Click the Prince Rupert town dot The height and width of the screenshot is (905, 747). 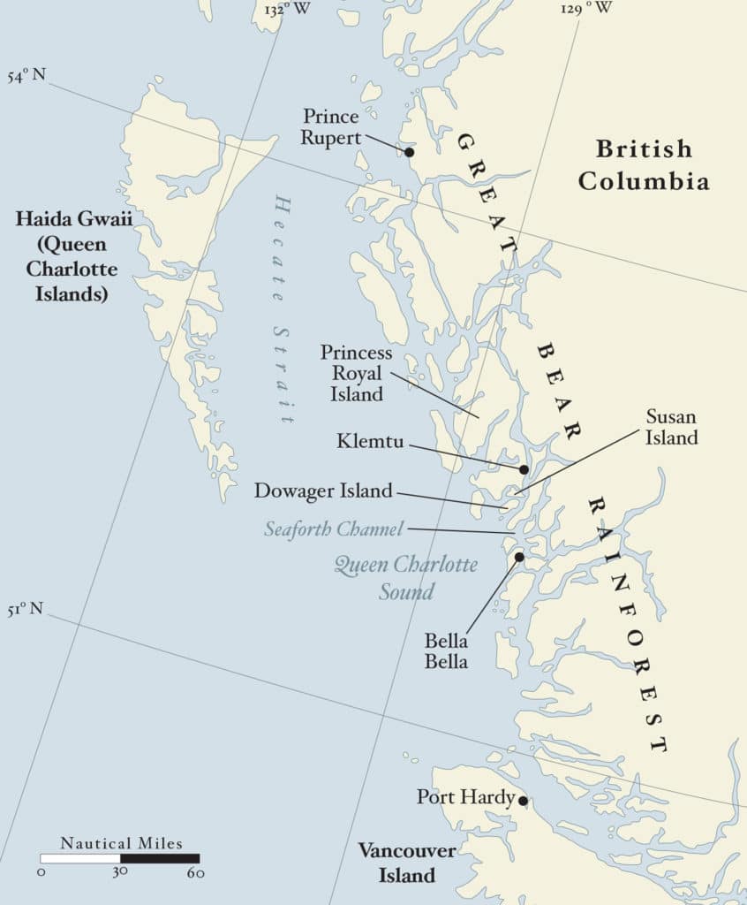click(x=409, y=152)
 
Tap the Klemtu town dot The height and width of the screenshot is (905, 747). click(x=524, y=469)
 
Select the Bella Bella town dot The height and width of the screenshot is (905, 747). click(x=519, y=557)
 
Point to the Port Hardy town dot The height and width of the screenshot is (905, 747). click(x=523, y=801)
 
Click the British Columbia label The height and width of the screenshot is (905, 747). click(x=643, y=164)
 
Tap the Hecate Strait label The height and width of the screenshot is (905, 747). click(x=282, y=308)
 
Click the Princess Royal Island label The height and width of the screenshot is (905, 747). click(x=357, y=373)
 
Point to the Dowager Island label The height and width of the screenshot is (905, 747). click(x=323, y=491)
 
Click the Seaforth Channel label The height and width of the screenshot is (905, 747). click(x=334, y=529)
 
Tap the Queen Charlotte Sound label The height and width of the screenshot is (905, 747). click(x=406, y=577)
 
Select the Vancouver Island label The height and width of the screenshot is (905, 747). click(x=407, y=863)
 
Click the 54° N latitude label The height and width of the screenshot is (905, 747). click(x=26, y=74)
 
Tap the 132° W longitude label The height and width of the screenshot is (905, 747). click(x=287, y=9)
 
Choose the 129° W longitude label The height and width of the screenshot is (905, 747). click(x=586, y=9)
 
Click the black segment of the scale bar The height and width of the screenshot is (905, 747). click(x=160, y=858)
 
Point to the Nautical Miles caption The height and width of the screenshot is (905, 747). click(x=121, y=843)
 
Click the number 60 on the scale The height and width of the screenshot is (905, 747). click(x=196, y=874)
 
